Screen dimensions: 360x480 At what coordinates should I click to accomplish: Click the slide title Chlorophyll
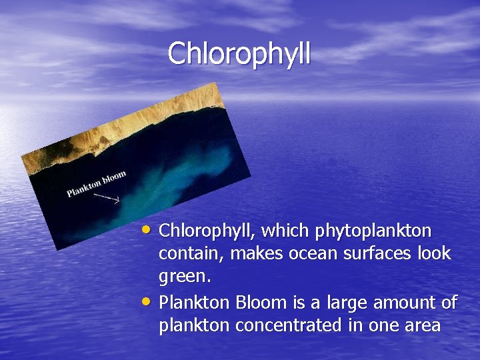(x=239, y=54)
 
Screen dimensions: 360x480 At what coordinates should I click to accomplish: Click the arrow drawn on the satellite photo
(x=107, y=198)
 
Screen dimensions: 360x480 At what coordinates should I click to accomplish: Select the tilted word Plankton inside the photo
(x=83, y=187)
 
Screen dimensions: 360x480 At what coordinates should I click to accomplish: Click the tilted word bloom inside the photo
(x=114, y=177)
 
